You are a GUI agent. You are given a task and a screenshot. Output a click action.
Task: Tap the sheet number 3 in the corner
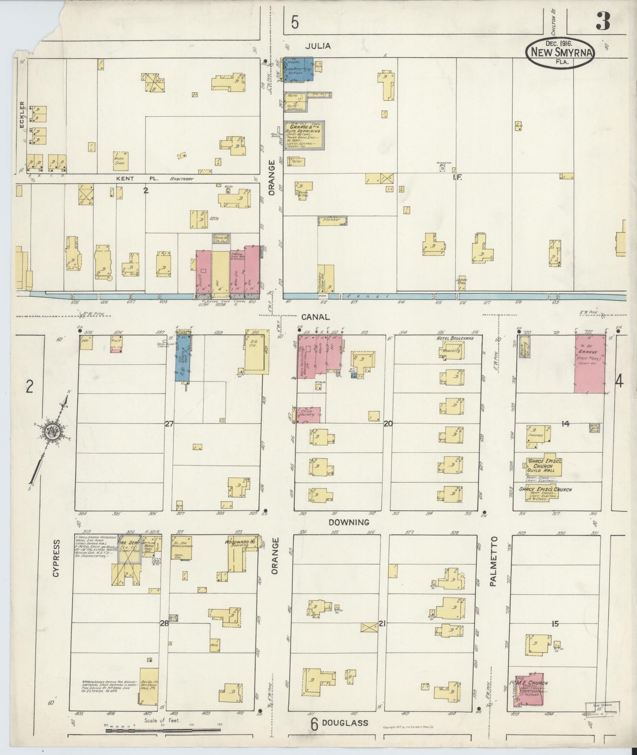[603, 21]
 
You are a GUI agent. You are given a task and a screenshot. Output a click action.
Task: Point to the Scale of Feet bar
[163, 730]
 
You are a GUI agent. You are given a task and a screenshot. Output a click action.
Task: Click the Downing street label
[348, 522]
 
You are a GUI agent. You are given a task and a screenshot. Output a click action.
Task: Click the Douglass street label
[345, 723]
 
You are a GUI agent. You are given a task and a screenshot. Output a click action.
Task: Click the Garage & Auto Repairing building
[304, 134]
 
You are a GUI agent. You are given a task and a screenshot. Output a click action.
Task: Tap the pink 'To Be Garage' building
[590, 363]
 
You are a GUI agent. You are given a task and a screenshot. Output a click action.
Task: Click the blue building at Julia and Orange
[298, 69]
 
